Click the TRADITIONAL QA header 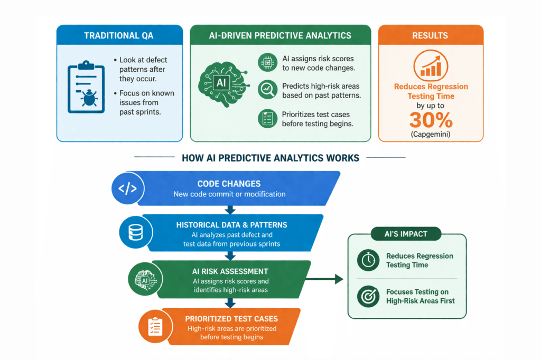[119, 35]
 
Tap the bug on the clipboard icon [89, 98]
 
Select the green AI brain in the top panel [223, 84]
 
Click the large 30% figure [431, 120]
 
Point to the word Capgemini [431, 134]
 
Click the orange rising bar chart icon [431, 65]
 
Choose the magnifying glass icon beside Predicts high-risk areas [267, 89]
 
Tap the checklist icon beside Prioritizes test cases [267, 118]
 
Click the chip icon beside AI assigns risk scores [267, 62]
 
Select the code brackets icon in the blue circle [128, 188]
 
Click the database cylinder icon [136, 232]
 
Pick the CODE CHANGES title [229, 184]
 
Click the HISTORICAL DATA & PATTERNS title [231, 225]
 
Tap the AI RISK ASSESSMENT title [230, 271]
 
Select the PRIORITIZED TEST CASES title [231, 319]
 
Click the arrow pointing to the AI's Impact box [324, 279]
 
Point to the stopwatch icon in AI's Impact [368, 260]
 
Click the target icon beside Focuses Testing [368, 296]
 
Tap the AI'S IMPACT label [406, 234]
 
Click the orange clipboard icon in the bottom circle [155, 327]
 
